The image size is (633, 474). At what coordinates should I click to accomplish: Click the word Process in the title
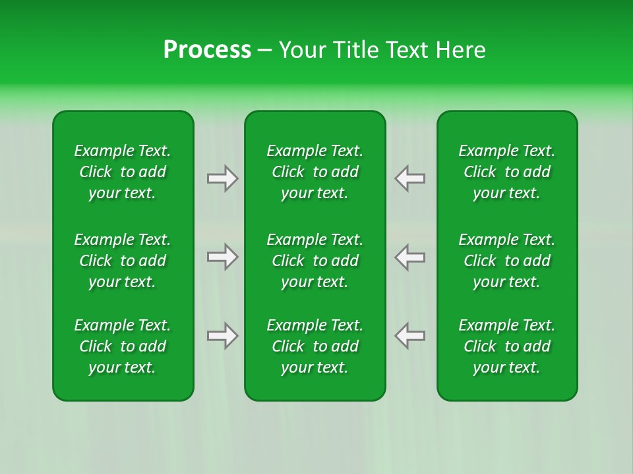(207, 50)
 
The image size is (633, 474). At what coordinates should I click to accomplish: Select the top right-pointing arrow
(223, 178)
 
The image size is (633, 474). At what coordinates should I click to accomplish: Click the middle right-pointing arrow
(223, 257)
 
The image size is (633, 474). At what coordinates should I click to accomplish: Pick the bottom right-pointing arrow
(223, 336)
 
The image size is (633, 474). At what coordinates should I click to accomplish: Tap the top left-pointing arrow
(409, 178)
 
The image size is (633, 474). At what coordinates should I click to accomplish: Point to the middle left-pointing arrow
(409, 257)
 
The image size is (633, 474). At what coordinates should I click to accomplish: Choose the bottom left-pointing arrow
(409, 336)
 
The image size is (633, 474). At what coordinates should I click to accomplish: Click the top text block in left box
(123, 172)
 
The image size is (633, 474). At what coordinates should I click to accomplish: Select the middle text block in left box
(123, 261)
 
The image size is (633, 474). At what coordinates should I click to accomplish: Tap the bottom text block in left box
(123, 346)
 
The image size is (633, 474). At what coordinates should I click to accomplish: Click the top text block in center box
(315, 172)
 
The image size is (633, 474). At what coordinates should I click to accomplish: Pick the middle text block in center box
(315, 261)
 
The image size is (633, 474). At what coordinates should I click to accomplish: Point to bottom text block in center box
(315, 346)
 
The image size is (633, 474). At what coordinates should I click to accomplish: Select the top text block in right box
(507, 172)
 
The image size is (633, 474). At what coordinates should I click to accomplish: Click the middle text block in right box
(507, 261)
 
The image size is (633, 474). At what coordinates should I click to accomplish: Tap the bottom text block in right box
(507, 346)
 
